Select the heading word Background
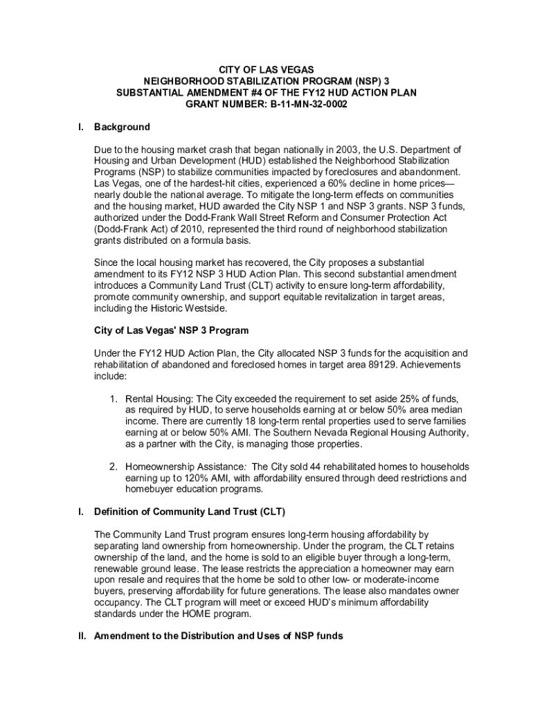pos(122,127)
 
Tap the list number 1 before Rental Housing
pos(114,400)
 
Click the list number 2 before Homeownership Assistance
pos(114,467)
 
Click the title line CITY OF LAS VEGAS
pos(266,70)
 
